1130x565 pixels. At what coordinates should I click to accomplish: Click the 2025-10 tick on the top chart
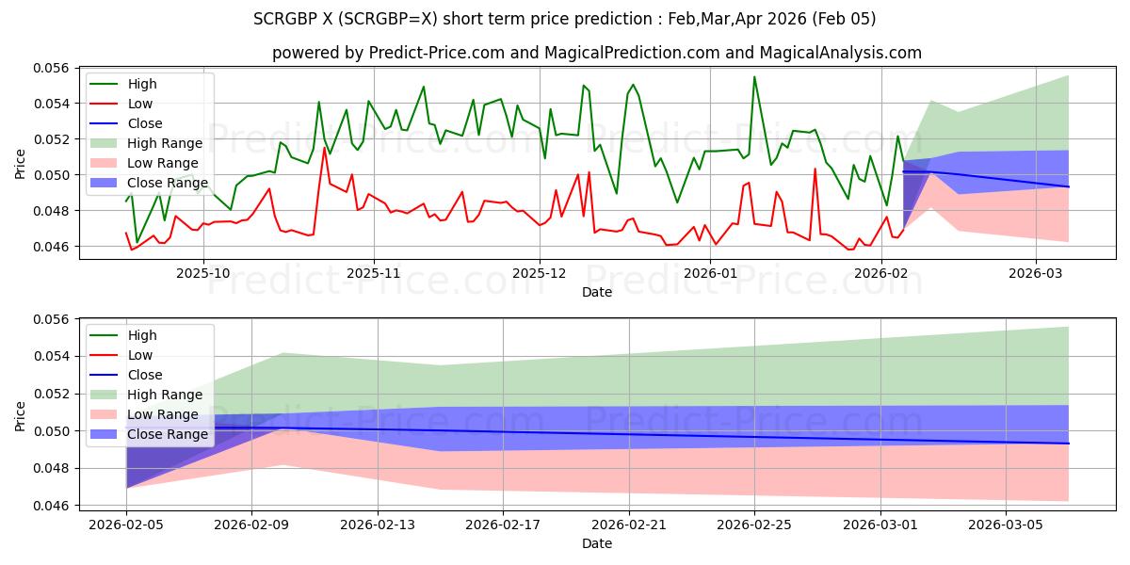pos(203,273)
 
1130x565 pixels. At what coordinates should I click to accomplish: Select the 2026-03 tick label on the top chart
pos(1036,273)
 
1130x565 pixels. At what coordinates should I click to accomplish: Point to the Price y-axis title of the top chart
pos(21,161)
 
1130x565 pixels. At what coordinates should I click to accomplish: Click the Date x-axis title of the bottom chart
pos(597,543)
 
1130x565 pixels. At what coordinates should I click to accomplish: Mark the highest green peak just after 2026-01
pos(754,77)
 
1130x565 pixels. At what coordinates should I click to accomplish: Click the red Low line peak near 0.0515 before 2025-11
pos(324,148)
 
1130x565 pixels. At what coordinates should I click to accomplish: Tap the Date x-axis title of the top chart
pos(597,292)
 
